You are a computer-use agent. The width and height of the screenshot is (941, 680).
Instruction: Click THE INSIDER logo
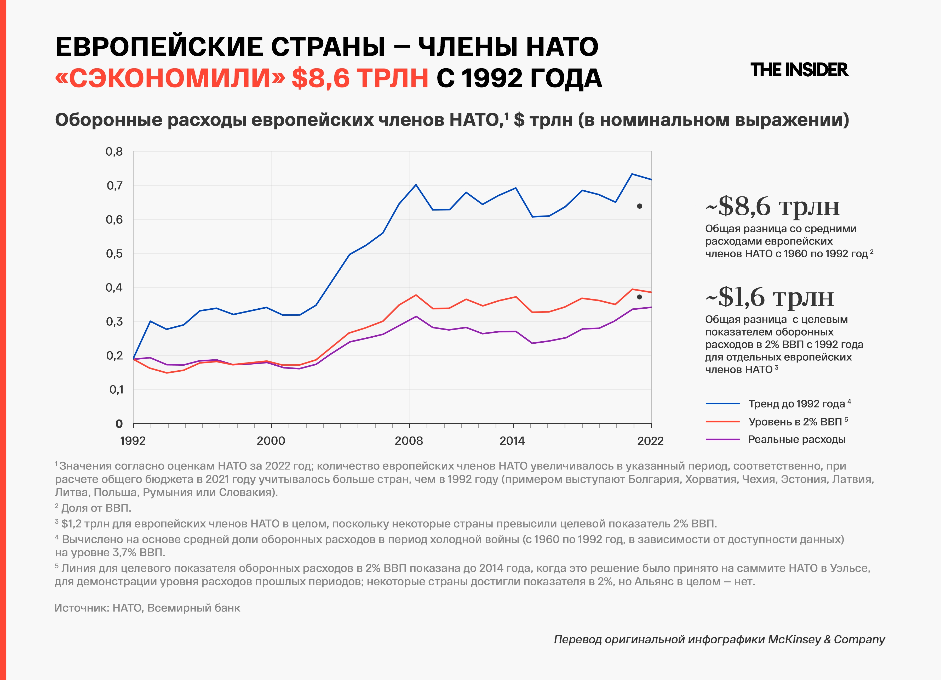[x=799, y=70]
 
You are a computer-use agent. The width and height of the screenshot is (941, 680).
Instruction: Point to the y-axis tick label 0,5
[x=114, y=254]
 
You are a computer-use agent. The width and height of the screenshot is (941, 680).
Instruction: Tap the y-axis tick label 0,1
[x=116, y=389]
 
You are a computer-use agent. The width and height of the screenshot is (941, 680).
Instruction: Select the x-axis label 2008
[x=409, y=441]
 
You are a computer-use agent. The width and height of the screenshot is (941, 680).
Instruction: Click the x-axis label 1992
[x=133, y=441]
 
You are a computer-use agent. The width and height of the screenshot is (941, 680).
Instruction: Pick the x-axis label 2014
[x=512, y=441]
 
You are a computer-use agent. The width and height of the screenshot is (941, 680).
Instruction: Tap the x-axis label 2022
[x=650, y=441]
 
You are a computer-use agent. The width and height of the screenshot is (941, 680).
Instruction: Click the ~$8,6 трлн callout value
[x=773, y=206]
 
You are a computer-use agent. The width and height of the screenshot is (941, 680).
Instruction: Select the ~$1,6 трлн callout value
[x=770, y=297]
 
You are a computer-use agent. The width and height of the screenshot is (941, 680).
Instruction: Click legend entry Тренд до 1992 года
[x=797, y=404]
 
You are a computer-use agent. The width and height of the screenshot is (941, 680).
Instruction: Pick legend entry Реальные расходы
[x=797, y=440]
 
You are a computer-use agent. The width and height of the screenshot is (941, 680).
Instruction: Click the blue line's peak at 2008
[x=416, y=185]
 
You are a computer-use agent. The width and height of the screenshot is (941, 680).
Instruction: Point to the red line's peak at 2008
[x=416, y=295]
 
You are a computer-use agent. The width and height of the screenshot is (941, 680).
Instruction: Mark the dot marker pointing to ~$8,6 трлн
[x=639, y=206]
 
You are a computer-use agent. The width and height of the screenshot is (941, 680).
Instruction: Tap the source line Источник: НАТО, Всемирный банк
[x=147, y=608]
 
